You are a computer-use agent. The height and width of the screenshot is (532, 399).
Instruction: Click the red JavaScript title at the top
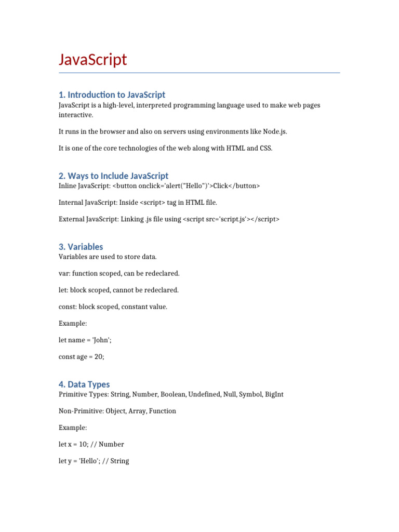click(92, 60)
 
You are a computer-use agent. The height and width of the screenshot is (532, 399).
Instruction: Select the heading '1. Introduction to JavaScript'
click(112, 95)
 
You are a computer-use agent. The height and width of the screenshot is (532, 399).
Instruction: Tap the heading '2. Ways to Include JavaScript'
click(113, 176)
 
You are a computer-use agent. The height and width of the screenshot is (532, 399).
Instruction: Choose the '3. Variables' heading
click(81, 247)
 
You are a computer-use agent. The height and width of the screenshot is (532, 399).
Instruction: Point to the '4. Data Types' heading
click(84, 384)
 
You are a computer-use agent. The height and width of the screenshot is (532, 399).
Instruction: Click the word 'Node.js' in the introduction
click(274, 132)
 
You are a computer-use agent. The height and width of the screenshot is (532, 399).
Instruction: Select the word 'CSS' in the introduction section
click(263, 149)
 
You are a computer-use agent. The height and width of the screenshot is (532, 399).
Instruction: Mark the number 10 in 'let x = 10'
click(86, 444)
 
